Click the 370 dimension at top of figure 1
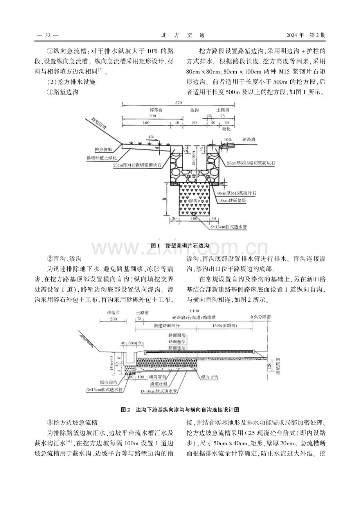[x=178, y=103]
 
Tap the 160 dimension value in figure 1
[x=146, y=122]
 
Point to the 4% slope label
[x=151, y=137]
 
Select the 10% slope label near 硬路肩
[x=228, y=140]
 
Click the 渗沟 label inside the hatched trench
[x=193, y=201]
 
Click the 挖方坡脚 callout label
[x=103, y=149]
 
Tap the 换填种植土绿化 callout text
[x=101, y=158]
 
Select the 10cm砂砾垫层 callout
[x=232, y=201]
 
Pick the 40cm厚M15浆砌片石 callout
[x=236, y=193]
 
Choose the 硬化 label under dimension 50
[x=226, y=129]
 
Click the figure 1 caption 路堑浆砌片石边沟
[x=180, y=246]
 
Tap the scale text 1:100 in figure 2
[x=194, y=311]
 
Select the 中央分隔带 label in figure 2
[x=260, y=317]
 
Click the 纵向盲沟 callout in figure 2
[x=210, y=377]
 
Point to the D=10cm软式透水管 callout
[x=158, y=391]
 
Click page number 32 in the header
[x=48, y=35]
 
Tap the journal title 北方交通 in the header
[x=183, y=35]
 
